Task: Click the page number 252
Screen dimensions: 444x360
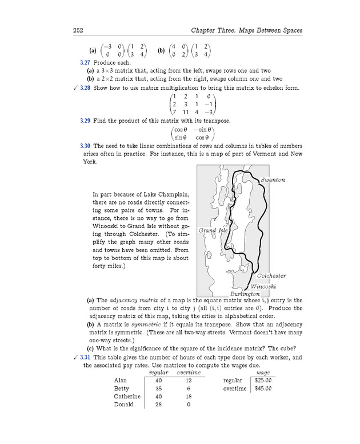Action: [x=79, y=30]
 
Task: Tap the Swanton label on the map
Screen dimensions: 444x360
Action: [x=273, y=180]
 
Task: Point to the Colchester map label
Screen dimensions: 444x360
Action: [x=271, y=276]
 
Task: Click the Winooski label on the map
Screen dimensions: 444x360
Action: [x=264, y=286]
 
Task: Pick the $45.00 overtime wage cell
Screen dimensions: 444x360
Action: [x=263, y=389]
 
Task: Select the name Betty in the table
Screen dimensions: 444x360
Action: [x=122, y=389]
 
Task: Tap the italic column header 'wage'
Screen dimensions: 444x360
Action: [x=263, y=373]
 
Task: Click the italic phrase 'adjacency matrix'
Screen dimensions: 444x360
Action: [x=132, y=301]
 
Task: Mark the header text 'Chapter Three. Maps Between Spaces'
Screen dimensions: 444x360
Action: [x=246, y=30]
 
